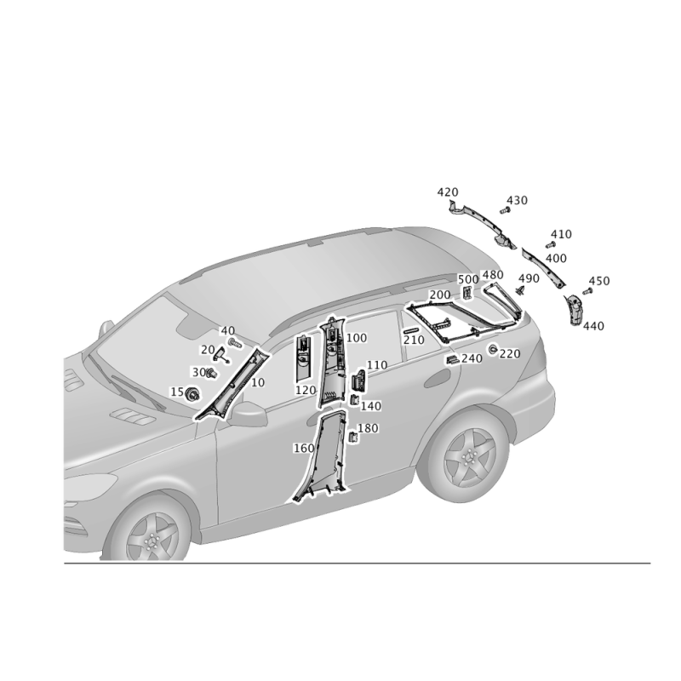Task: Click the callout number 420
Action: tap(448, 192)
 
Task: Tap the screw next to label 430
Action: tap(504, 210)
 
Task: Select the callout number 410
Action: tap(561, 234)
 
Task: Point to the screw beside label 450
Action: tap(587, 291)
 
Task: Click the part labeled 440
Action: tap(573, 310)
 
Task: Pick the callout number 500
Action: tap(468, 279)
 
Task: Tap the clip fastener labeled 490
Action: tap(521, 290)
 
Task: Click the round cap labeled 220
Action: tap(493, 349)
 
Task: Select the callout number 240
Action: tap(472, 358)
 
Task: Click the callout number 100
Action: tap(357, 337)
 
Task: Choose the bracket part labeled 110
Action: tap(358, 380)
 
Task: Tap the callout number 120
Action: tap(306, 390)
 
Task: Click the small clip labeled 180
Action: tap(353, 437)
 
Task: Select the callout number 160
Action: tap(304, 448)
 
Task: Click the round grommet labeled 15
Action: tap(192, 394)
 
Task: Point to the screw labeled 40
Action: tap(235, 344)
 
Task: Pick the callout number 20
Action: tap(208, 350)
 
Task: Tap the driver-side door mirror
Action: tap(249, 415)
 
